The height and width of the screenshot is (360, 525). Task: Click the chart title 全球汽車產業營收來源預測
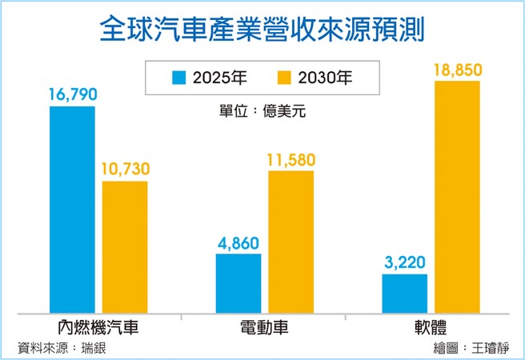coord(262,30)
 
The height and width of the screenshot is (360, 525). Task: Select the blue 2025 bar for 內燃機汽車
coord(72,210)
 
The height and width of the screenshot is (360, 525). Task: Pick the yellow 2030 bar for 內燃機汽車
coord(126,247)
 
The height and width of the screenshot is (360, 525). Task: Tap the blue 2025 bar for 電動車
coord(238,283)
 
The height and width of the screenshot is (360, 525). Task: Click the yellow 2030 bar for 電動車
coord(291,242)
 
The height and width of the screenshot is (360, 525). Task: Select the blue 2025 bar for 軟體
coord(405,293)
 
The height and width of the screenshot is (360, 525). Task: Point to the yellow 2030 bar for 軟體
coord(458,197)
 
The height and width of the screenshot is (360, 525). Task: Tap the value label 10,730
coord(126,170)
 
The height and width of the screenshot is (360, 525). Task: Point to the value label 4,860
coord(238,242)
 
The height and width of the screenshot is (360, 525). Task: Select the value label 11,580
coord(291,159)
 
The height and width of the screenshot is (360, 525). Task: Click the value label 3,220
coord(405,262)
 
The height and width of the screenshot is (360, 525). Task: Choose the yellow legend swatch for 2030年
coord(283,78)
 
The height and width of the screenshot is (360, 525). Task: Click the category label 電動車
coord(264,328)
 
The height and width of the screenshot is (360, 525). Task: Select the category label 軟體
coord(431,328)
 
